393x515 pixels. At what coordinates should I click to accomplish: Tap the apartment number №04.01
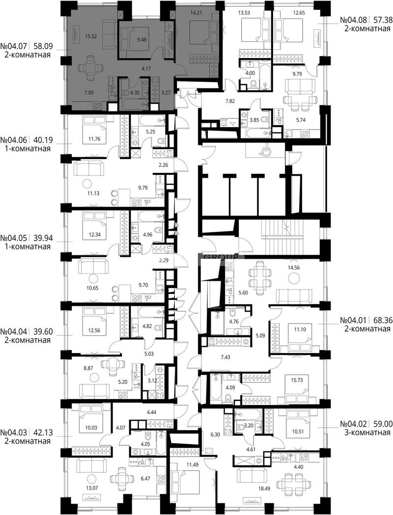(x=354, y=320)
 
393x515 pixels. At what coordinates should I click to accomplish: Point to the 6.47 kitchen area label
(x=145, y=479)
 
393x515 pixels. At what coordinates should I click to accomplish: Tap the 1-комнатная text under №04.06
(x=28, y=148)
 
